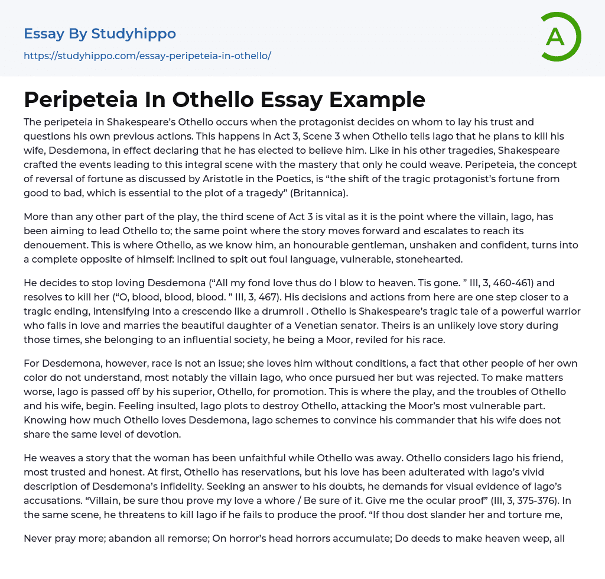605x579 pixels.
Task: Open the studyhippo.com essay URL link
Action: point(147,56)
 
